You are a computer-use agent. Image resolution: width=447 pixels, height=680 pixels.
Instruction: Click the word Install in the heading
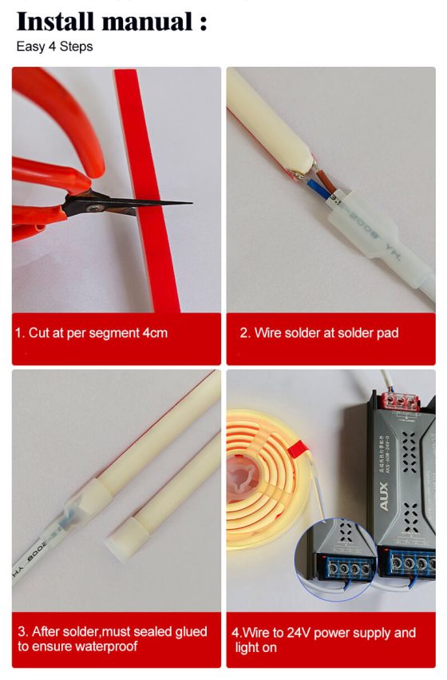tap(55, 22)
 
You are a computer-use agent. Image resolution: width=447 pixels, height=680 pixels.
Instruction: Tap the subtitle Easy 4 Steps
tap(54, 46)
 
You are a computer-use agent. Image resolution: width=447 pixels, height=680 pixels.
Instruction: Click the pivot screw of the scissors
tap(92, 209)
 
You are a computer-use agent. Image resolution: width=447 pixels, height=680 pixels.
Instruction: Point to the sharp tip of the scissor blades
tap(191, 202)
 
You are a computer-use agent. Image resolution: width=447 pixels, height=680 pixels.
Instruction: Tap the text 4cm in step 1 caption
tap(155, 333)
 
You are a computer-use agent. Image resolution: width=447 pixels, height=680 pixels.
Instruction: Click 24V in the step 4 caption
tap(299, 633)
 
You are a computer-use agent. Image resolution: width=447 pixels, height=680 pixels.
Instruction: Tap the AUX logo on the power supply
tap(384, 496)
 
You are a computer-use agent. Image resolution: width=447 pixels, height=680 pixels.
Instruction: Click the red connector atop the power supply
tap(400, 402)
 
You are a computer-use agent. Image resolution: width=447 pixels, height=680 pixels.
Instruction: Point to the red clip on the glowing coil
tap(299, 449)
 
